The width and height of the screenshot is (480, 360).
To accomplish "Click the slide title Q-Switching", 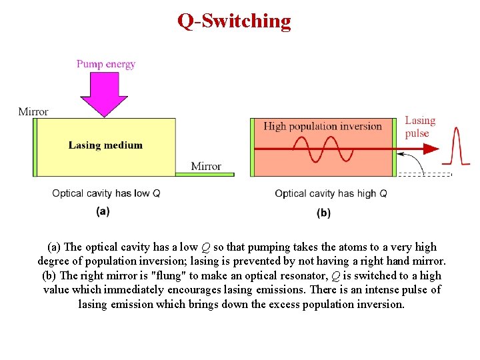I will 234,21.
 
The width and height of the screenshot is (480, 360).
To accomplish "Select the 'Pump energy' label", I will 105,64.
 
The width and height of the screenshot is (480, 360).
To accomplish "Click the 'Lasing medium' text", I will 105,145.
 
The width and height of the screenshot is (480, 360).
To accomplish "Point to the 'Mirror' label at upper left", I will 33,111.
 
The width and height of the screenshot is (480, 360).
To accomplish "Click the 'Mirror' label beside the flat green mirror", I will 205,166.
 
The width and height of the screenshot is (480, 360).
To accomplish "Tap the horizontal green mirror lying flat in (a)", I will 204,175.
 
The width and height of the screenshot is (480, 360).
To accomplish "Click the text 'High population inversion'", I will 323,126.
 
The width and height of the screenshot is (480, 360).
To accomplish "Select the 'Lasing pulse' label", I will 419,127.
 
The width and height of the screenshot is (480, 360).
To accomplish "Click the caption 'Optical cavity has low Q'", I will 106,193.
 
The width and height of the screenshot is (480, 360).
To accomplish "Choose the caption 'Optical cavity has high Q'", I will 331,193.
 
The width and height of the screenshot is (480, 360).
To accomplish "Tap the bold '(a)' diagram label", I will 103,211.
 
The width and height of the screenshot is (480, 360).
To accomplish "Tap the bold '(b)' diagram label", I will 323,213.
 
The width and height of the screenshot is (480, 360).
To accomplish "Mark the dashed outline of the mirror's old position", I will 424,175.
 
